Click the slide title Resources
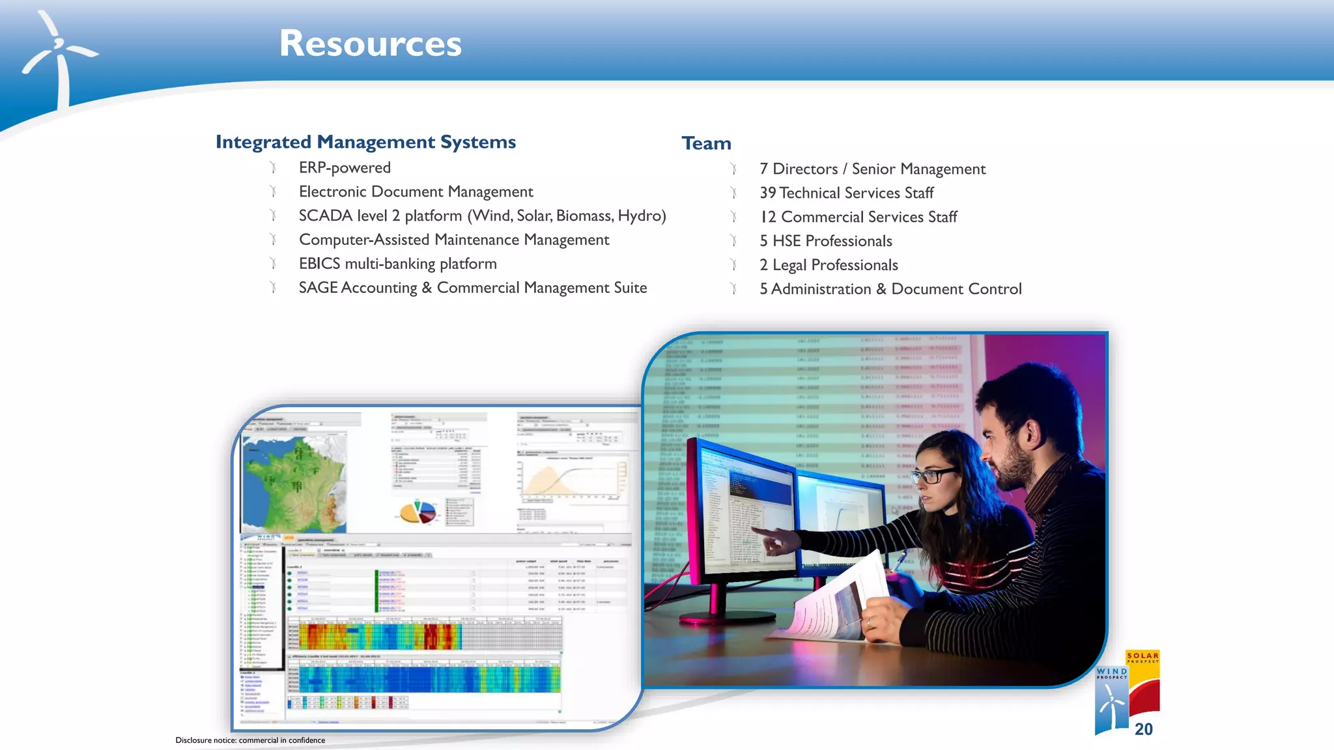click(x=370, y=44)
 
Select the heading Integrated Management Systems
click(x=365, y=142)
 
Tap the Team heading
click(x=706, y=143)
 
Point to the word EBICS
click(x=319, y=264)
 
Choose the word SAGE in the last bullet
click(x=318, y=288)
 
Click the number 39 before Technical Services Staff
click(x=767, y=193)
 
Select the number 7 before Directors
click(x=763, y=169)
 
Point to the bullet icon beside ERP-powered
click(x=274, y=168)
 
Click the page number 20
click(x=1143, y=729)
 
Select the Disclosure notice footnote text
click(x=250, y=740)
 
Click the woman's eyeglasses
click(x=933, y=475)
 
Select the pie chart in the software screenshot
click(x=418, y=512)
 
